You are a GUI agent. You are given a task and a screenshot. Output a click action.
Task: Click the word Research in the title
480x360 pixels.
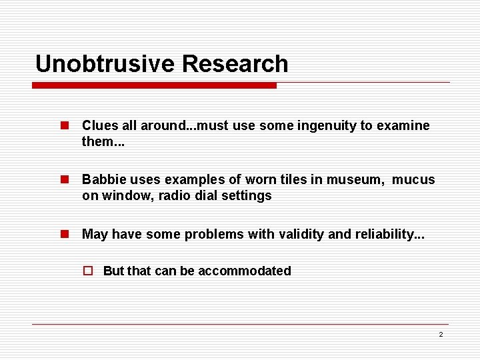pos(235,64)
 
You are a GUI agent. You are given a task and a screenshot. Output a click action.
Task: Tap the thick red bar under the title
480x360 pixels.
pos(154,85)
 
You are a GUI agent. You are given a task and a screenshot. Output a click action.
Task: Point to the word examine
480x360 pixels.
pos(405,125)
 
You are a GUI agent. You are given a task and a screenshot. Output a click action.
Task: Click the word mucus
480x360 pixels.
pos(413,179)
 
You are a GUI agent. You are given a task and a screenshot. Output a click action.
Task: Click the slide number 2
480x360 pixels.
pos(441,334)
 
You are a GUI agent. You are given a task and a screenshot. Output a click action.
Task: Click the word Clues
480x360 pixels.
pos(99,125)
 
